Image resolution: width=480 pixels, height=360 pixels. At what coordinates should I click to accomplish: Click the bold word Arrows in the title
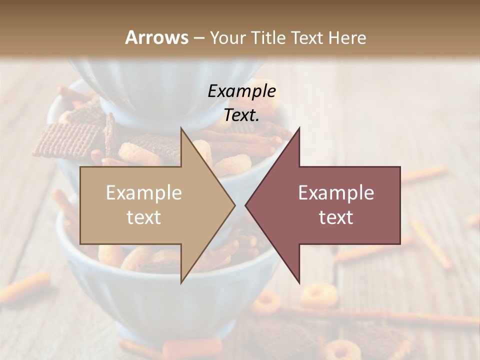click(156, 37)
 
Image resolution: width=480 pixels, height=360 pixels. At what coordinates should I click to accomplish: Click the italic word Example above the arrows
click(241, 91)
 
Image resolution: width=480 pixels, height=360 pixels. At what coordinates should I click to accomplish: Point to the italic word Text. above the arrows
click(241, 115)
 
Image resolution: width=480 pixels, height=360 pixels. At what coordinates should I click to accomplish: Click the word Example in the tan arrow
click(144, 193)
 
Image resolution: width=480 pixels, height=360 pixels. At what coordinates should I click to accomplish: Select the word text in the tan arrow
click(144, 217)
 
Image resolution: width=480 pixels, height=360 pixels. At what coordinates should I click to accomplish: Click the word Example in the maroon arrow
click(336, 193)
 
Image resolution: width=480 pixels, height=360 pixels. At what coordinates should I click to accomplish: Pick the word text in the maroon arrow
click(336, 217)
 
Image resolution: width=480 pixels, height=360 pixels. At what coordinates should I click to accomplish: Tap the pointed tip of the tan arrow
click(234, 205)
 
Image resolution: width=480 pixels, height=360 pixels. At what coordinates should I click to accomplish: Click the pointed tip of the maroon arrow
click(246, 205)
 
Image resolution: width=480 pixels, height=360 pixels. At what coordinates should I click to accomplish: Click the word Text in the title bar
click(311, 37)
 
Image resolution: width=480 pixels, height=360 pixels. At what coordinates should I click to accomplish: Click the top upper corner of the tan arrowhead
click(181, 128)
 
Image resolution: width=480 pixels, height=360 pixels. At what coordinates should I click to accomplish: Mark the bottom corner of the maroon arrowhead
click(299, 282)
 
